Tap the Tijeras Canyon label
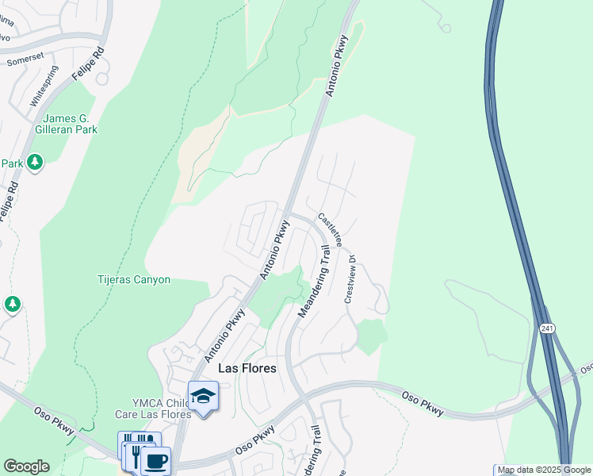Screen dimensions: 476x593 133,280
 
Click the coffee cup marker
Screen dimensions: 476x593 156,460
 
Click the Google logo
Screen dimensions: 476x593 26,466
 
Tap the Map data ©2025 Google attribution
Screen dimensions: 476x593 544,470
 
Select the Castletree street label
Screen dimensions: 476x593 329,229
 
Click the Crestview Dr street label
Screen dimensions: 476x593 351,278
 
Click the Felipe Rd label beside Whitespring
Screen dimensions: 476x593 88,61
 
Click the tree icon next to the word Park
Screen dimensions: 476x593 34,163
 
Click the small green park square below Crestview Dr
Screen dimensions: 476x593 370,336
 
